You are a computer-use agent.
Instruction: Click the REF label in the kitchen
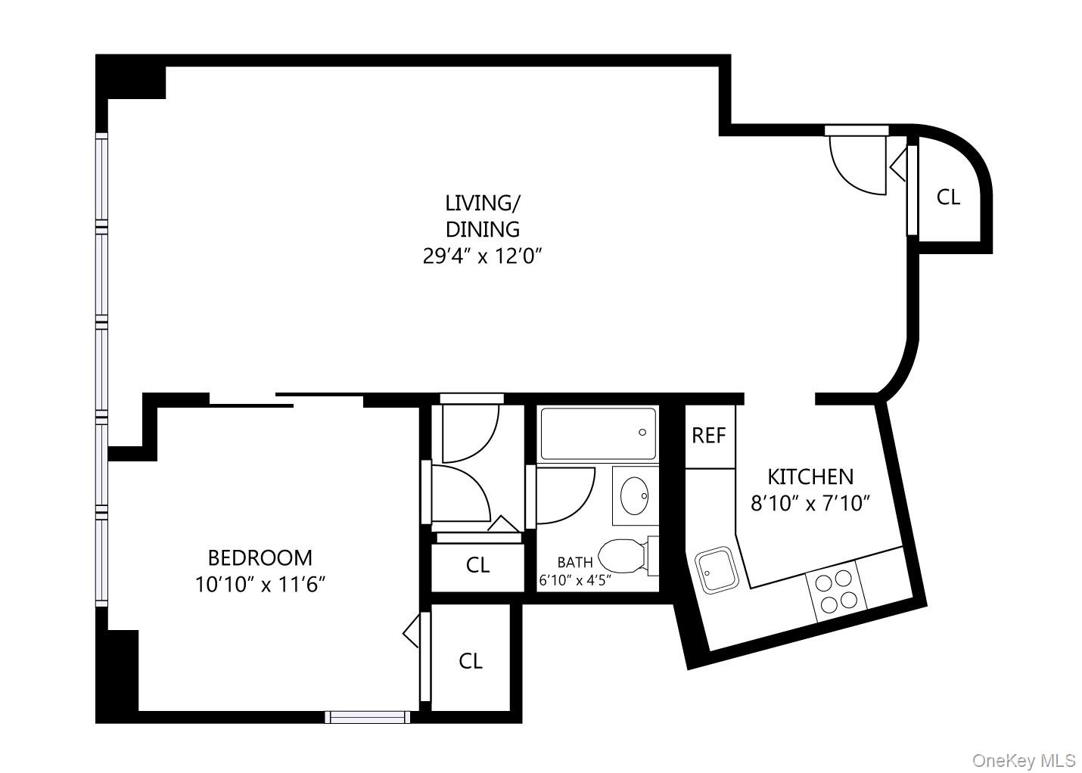[x=709, y=436]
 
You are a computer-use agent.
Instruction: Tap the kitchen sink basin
[x=715, y=570]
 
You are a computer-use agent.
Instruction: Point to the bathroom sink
[x=634, y=496]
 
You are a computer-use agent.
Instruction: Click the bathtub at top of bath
[x=598, y=433]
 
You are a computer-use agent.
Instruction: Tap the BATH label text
[x=575, y=563]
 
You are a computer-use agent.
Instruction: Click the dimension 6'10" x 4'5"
[x=575, y=581]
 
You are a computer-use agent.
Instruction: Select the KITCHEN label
[x=810, y=477]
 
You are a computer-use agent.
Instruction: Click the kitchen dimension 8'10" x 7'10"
[x=810, y=503]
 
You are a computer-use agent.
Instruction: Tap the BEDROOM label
[x=260, y=558]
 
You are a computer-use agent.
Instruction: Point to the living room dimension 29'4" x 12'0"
[x=483, y=256]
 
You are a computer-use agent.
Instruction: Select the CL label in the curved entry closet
[x=948, y=197]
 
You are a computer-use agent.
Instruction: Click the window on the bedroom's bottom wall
[x=367, y=716]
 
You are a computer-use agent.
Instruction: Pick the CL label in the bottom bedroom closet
[x=471, y=661]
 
